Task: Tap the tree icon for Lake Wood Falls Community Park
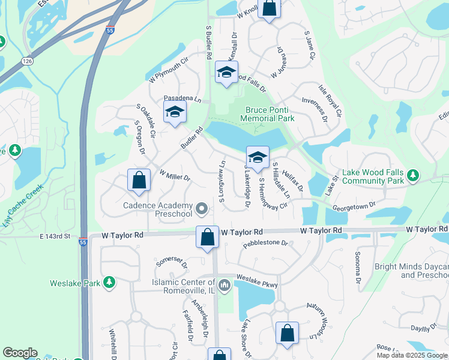point(412,175)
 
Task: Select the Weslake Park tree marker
point(109,282)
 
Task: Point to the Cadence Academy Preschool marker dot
point(202,209)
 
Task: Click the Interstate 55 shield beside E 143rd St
point(83,242)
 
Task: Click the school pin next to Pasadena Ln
point(175,112)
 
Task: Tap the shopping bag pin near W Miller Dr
point(139,181)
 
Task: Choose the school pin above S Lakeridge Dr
point(258,157)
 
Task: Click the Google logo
point(20,353)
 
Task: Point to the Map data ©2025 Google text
point(412,355)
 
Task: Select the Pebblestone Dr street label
point(265,244)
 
